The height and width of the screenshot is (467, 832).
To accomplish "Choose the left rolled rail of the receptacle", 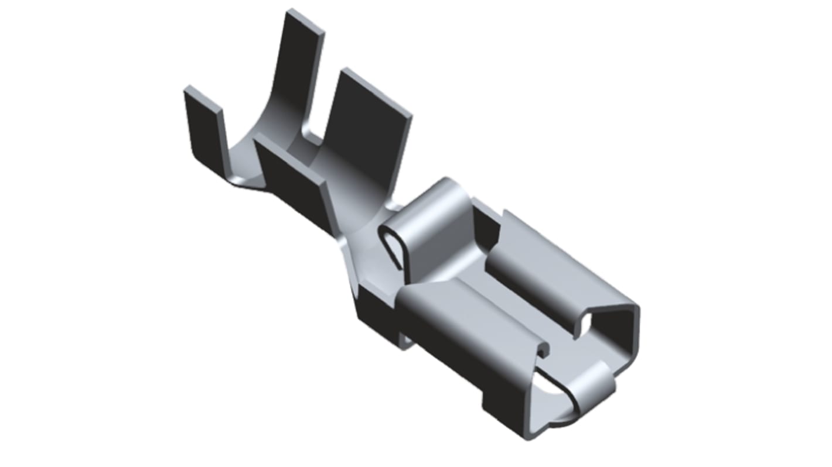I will click(469, 316).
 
